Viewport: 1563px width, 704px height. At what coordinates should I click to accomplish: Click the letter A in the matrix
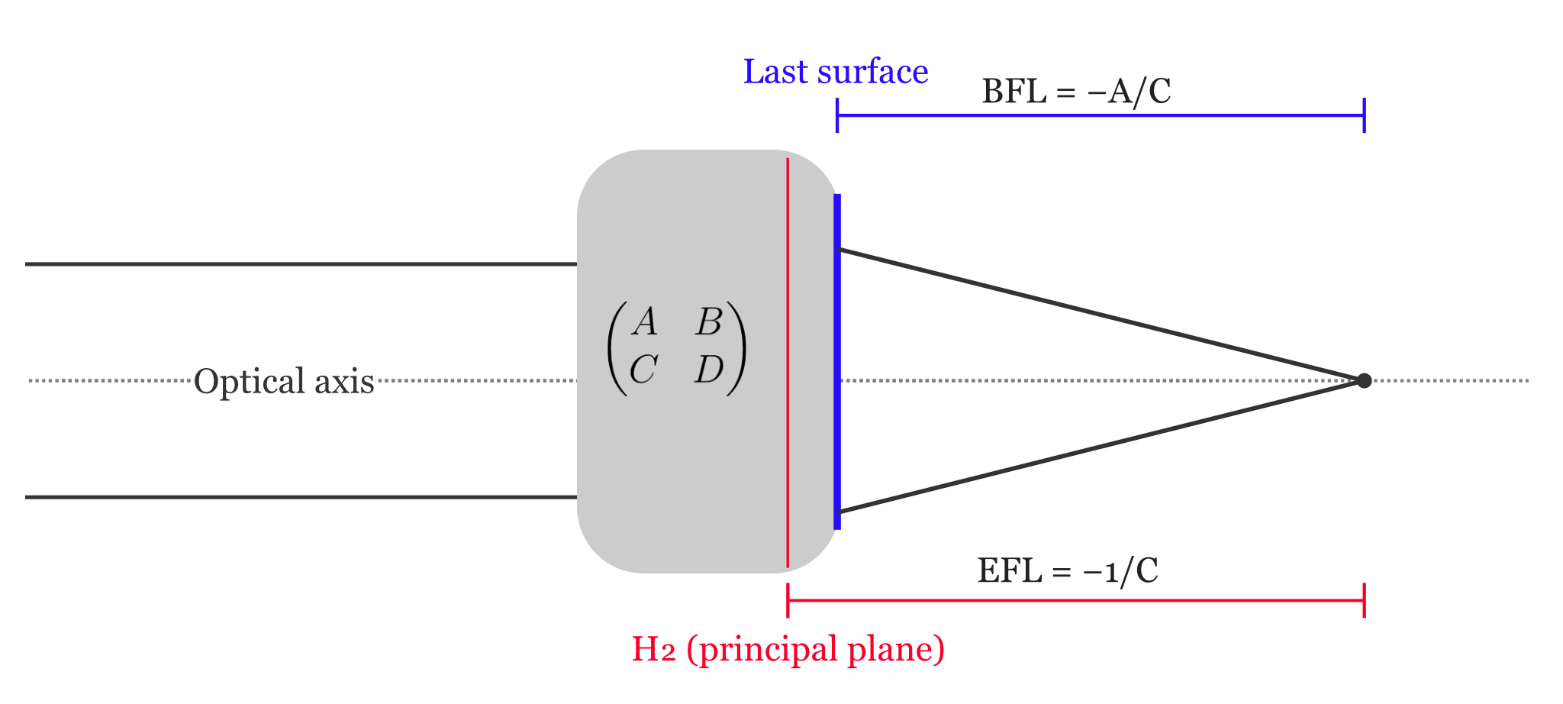pyautogui.click(x=645, y=321)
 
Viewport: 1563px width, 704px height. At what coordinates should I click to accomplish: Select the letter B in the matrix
pyautogui.click(x=708, y=321)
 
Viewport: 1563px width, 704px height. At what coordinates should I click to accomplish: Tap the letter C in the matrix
pyautogui.click(x=643, y=370)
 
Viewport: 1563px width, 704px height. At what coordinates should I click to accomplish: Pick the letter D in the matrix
pyautogui.click(x=708, y=370)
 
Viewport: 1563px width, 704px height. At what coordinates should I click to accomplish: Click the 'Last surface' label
pyautogui.click(x=836, y=72)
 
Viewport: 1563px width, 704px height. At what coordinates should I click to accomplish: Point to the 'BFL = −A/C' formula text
pyautogui.click(x=1076, y=92)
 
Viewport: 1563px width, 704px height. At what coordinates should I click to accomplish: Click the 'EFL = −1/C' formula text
pyautogui.click(x=1068, y=570)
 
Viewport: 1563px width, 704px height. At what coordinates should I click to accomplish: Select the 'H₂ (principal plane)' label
pyautogui.click(x=788, y=649)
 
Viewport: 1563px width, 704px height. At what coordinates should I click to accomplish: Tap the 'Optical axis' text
pyautogui.click(x=284, y=381)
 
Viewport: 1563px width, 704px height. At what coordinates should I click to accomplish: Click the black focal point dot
pyautogui.click(x=1364, y=380)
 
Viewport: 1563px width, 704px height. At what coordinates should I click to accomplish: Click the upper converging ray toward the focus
pyautogui.click(x=1099, y=315)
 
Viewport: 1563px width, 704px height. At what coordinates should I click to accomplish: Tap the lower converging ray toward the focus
pyautogui.click(x=1099, y=447)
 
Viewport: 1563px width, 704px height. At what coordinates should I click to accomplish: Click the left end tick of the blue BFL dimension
pyautogui.click(x=837, y=115)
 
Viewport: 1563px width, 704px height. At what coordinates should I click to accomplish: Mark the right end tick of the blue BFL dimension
pyautogui.click(x=1364, y=115)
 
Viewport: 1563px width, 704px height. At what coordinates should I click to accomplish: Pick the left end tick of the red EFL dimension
pyautogui.click(x=788, y=601)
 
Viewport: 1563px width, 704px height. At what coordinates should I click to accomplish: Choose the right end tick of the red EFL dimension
pyautogui.click(x=1364, y=601)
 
